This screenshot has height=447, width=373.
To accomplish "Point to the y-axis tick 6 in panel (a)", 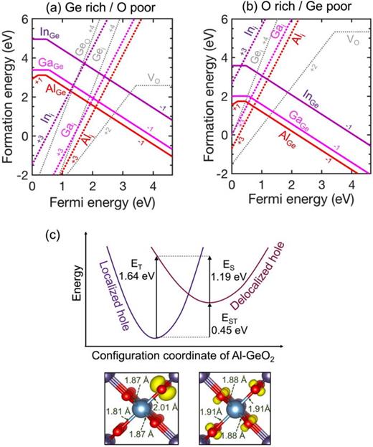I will (x=24, y=18).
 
